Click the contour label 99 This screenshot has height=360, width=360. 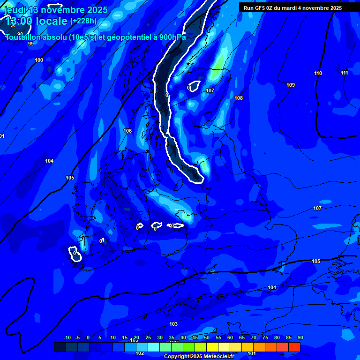point(31,44)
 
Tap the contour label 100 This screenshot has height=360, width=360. point(39,60)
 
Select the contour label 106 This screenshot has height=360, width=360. point(127,131)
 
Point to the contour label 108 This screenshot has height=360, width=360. point(239,98)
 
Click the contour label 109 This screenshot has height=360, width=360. point(291,85)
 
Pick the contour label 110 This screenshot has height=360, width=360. point(318,74)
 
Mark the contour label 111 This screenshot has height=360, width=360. point(345,73)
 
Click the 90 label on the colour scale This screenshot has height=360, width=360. point(300,338)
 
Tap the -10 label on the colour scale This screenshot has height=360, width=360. point(67,338)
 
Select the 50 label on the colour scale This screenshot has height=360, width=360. point(207,338)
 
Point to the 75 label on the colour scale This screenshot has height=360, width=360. point(265,338)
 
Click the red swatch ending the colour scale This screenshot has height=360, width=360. point(294,347)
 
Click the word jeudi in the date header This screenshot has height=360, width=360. point(15,10)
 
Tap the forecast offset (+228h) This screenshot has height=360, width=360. point(83,21)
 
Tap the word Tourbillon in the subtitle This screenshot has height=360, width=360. point(23,37)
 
